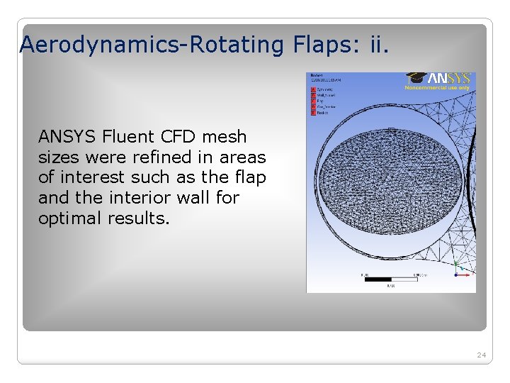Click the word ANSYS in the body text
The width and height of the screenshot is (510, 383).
pyautogui.click(x=67, y=136)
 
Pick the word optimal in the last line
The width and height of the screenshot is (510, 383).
pyautogui.click(x=70, y=218)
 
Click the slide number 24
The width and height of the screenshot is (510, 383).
pyautogui.click(x=481, y=354)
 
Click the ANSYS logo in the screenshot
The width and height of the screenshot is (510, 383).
pyautogui.click(x=450, y=79)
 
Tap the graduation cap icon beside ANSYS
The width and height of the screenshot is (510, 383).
pyautogui.click(x=416, y=77)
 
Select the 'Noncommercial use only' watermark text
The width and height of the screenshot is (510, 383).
pyautogui.click(x=437, y=88)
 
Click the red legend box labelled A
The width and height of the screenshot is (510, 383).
pyautogui.click(x=313, y=90)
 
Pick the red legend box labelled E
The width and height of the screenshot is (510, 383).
pyautogui.click(x=313, y=112)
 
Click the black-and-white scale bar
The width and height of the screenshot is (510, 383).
pyautogui.click(x=390, y=279)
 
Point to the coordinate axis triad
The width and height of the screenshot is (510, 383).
pyautogui.click(x=461, y=270)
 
